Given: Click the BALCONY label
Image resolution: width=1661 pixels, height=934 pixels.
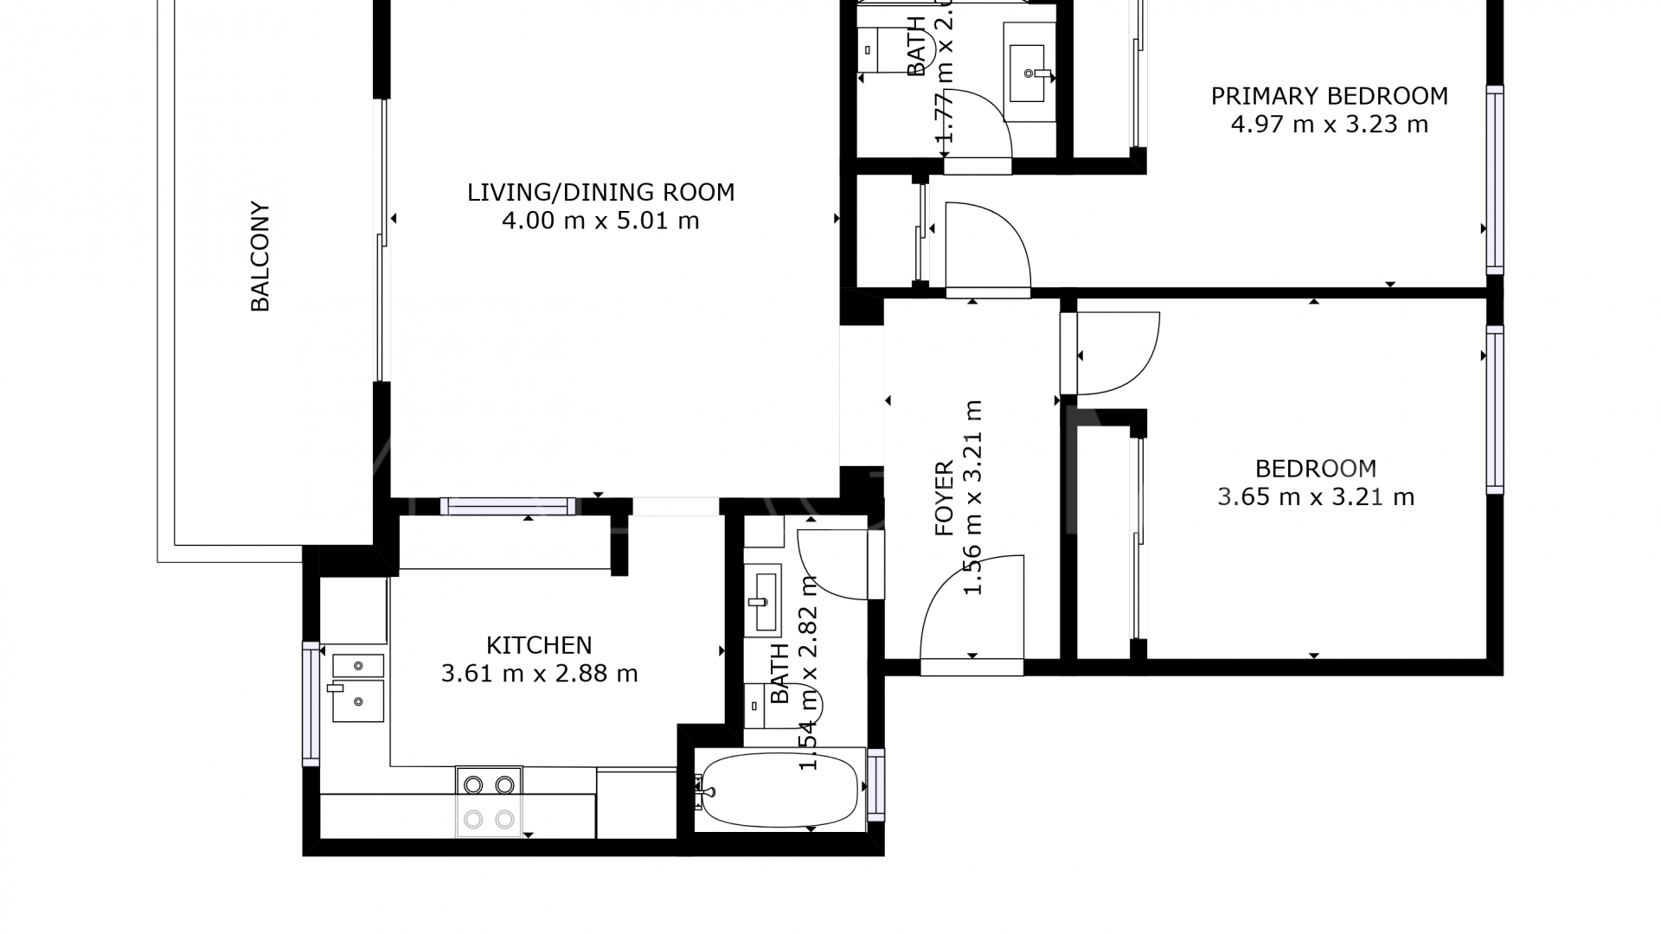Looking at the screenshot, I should coord(260,257).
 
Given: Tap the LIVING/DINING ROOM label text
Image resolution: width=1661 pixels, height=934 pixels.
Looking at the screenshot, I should coord(600,192).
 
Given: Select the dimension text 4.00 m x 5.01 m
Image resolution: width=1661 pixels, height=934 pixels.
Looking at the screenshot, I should coord(600,221).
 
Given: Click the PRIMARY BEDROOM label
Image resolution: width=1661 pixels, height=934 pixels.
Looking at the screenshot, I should coord(1329,96).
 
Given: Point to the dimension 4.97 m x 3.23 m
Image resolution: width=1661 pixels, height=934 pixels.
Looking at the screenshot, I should coord(1329,125).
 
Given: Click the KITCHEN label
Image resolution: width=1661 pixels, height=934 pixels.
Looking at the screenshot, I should coord(539,645).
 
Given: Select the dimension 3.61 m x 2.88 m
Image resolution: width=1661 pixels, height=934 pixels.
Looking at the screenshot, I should coord(539,674).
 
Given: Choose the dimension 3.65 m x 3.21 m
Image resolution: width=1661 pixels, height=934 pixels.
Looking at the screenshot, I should coord(1316,497).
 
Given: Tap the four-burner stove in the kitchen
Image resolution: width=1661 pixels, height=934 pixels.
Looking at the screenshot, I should coord(489,802).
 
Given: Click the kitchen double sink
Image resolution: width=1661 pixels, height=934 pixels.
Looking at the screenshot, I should coord(358,689).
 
